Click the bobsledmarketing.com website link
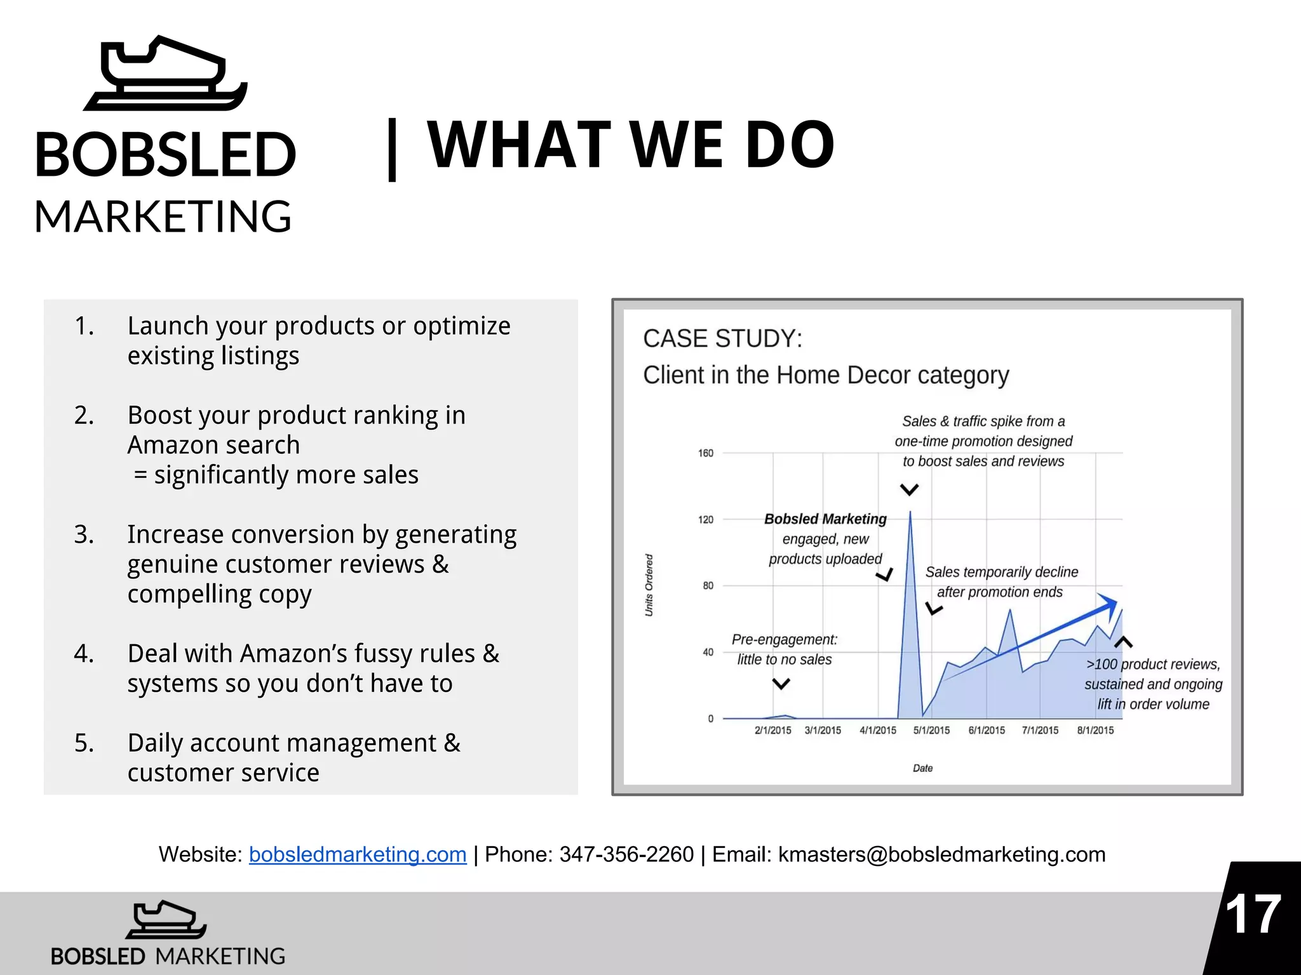tap(358, 854)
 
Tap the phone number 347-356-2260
tap(626, 854)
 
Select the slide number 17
tap(1253, 915)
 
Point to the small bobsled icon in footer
tap(166, 920)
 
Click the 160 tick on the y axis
tap(706, 453)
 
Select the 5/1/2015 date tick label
tap(931, 731)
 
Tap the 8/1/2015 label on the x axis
tap(1095, 731)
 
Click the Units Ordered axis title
tap(649, 585)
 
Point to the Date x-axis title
tap(922, 769)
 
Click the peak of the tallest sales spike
tap(910, 512)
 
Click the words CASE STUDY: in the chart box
tap(722, 339)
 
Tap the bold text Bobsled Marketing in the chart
tap(825, 519)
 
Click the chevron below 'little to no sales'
tap(781, 684)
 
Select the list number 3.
tap(84, 534)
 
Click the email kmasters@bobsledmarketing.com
tap(941, 854)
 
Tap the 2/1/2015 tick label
tap(772, 731)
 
